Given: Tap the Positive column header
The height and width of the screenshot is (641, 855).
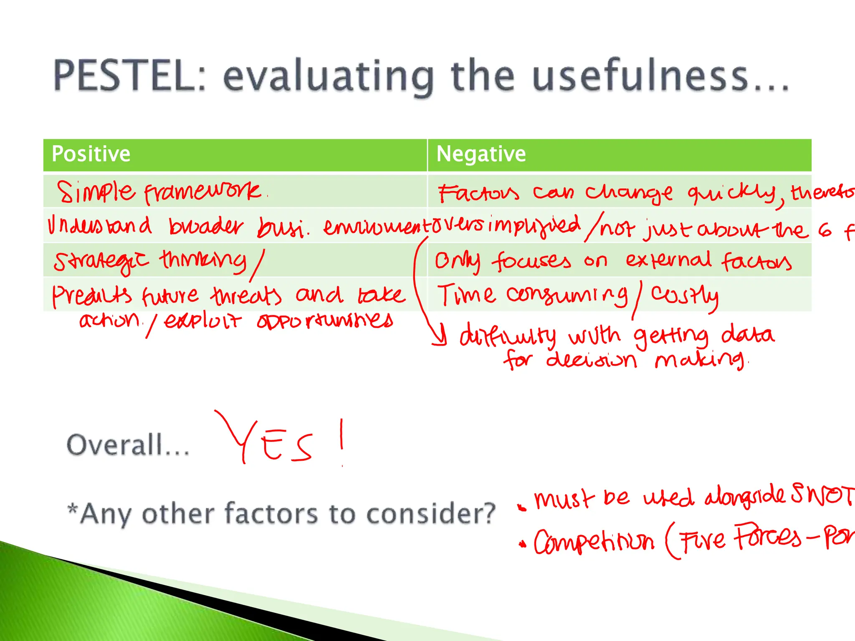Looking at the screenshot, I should point(91,154).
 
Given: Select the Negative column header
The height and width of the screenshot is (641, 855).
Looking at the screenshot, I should point(481,154).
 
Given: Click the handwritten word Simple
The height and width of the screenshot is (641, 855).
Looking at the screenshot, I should point(96,192).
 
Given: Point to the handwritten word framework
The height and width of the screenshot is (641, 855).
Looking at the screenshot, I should point(202,193).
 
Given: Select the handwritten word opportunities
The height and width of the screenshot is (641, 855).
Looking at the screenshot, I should point(325,321).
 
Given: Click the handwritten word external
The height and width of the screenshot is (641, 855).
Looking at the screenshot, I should point(668,260).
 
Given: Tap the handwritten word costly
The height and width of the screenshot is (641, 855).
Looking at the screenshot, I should point(685,295).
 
